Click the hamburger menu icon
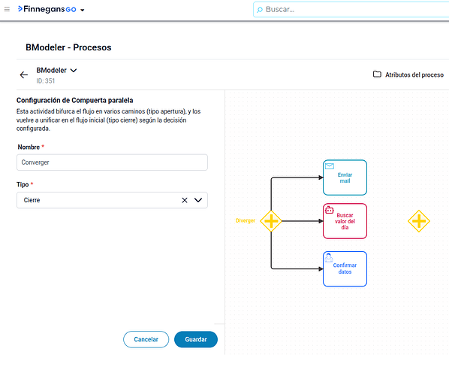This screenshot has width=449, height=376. (x=7, y=10)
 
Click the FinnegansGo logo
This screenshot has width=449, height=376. (x=47, y=9)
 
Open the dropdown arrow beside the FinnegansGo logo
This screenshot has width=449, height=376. (x=83, y=10)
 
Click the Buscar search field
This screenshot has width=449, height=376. (x=351, y=10)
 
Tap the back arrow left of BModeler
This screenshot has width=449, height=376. (x=24, y=75)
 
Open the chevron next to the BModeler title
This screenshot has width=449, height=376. (x=74, y=70)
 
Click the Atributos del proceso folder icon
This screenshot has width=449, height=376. (x=377, y=74)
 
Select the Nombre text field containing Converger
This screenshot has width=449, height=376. (x=112, y=162)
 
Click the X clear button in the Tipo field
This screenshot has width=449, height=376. (x=185, y=200)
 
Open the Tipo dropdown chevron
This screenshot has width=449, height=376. (x=198, y=200)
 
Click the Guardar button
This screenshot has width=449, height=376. (x=196, y=339)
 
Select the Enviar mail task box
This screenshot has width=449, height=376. (x=345, y=177)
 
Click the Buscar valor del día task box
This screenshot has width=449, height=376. (x=345, y=221)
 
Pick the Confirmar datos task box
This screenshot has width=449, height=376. (x=345, y=268)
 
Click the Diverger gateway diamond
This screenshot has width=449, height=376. (x=271, y=221)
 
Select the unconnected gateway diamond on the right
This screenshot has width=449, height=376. (x=419, y=221)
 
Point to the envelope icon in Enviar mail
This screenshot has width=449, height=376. (x=330, y=166)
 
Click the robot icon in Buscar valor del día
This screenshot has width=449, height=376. (x=330, y=211)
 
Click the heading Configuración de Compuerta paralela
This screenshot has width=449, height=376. (x=75, y=100)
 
